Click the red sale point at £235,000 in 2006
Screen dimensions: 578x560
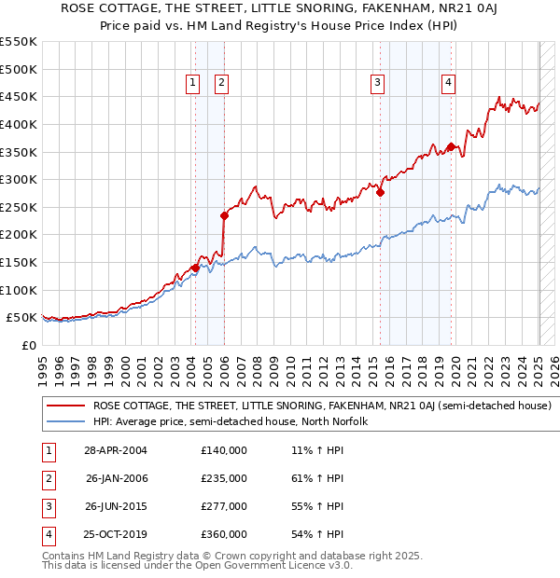pos(225,215)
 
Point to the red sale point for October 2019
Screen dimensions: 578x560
pos(451,146)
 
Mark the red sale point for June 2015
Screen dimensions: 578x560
pos(380,192)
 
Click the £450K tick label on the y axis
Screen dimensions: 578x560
pos(19,96)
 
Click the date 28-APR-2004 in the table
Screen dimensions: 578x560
pos(116,450)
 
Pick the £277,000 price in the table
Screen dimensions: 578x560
pos(224,506)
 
